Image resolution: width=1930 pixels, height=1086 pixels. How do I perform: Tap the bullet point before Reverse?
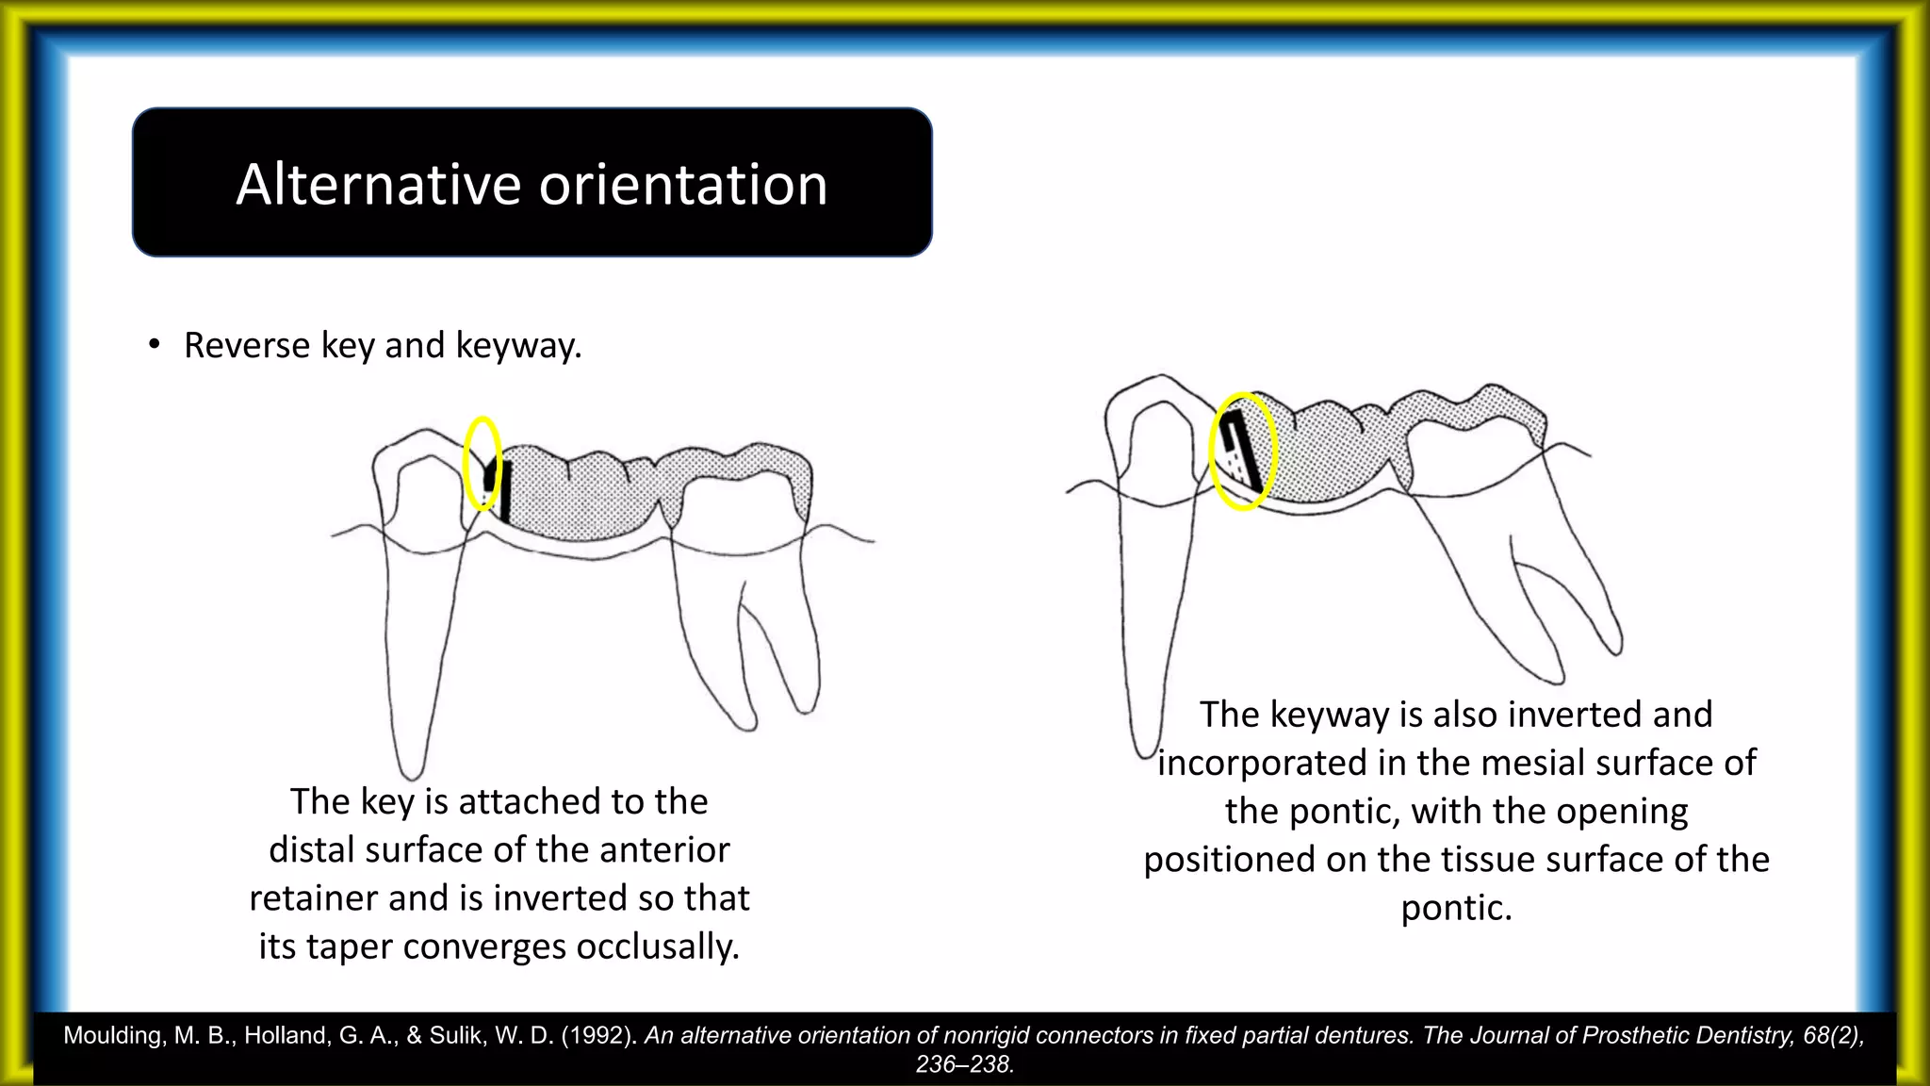click(x=154, y=345)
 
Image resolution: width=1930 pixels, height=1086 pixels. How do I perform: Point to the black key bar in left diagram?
click(x=506, y=490)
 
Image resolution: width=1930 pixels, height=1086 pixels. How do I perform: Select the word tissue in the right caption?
click(x=1489, y=860)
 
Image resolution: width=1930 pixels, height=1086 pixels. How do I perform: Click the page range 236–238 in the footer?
click(x=963, y=1064)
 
